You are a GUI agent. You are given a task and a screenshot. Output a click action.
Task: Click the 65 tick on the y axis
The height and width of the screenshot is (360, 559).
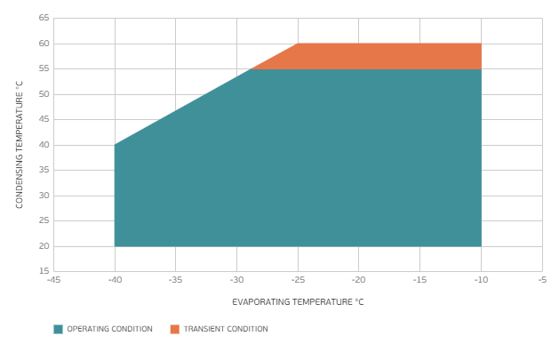pos(44,18)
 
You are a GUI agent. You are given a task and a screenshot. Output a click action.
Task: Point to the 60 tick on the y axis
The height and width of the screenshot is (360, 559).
pos(44,44)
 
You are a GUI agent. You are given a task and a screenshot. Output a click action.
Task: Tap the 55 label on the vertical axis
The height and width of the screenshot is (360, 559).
pos(44,68)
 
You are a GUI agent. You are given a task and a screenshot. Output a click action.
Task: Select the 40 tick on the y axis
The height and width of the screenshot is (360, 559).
pos(44,145)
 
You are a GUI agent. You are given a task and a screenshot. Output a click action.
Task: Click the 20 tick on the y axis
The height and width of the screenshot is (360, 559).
pos(44,246)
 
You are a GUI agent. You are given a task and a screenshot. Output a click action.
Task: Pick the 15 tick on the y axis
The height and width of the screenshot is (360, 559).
pos(44,271)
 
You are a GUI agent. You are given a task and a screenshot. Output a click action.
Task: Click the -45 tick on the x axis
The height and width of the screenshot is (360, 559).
pos(53,279)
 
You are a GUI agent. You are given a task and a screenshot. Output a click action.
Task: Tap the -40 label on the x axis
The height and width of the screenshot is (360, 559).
pos(115,279)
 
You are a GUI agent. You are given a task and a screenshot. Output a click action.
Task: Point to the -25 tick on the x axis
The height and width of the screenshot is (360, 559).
pos(298,279)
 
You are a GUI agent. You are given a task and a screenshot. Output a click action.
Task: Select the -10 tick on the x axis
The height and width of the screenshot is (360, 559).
pos(481,279)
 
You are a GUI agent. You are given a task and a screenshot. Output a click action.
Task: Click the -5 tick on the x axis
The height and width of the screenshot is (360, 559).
pos(542,279)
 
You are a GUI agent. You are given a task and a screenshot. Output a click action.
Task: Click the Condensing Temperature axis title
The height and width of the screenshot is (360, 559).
pos(19,144)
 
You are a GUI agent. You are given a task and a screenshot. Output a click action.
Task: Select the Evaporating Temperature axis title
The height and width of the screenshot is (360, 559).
pos(298,302)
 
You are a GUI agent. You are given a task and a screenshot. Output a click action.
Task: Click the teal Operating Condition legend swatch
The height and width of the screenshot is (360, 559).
pos(59,329)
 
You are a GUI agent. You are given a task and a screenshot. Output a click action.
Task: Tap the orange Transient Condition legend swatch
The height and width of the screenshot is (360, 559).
pos(175,329)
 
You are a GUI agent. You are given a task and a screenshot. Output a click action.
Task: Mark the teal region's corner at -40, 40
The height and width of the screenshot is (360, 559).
pos(115,145)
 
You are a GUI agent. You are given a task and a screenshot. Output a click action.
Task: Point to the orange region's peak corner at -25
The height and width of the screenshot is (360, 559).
pos(298,44)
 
